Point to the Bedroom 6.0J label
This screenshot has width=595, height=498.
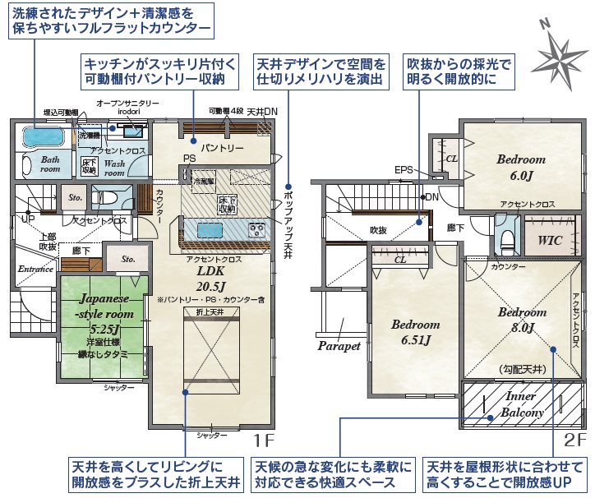(521, 167)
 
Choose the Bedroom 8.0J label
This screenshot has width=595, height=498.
(522, 320)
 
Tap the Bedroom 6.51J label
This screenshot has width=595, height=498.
(415, 330)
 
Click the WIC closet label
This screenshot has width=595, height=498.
(550, 240)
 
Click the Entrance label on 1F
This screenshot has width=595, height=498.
(35, 269)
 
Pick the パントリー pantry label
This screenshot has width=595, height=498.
(223, 148)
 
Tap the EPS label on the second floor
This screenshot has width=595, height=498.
(403, 170)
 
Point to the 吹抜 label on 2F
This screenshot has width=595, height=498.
(379, 229)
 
